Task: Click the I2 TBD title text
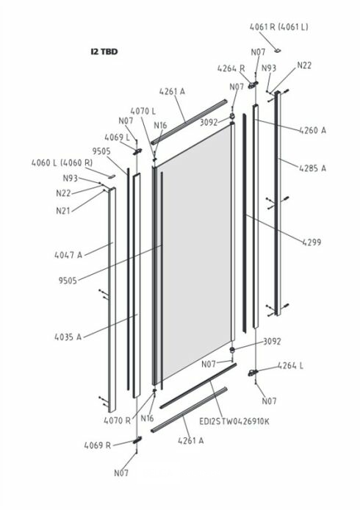[104, 51]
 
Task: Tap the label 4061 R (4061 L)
[279, 27]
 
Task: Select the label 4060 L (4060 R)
[62, 162]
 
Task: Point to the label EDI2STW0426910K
[234, 422]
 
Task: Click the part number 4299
[312, 242]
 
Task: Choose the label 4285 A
[312, 168]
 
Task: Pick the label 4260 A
[312, 130]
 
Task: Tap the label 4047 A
[68, 255]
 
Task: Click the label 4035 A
[68, 337]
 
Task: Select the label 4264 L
[290, 365]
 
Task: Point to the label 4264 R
[231, 68]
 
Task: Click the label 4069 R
[98, 445]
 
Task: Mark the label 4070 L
[143, 111]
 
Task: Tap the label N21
[63, 211]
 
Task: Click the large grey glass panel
[196, 252]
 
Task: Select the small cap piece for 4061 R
[278, 50]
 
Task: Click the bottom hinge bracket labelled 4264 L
[253, 373]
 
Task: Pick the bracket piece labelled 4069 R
[137, 440]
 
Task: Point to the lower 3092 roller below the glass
[232, 350]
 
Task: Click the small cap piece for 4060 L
[112, 176]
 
